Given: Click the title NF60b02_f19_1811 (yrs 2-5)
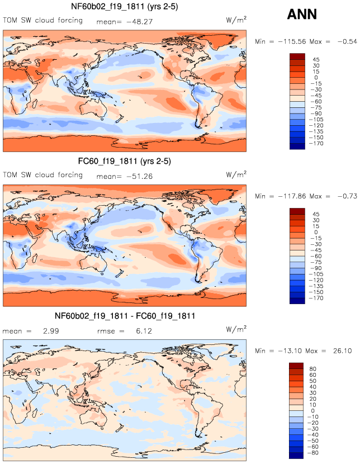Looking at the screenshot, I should click(x=125, y=7).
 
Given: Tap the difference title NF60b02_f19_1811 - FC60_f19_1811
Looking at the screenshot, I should click(x=125, y=317).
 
